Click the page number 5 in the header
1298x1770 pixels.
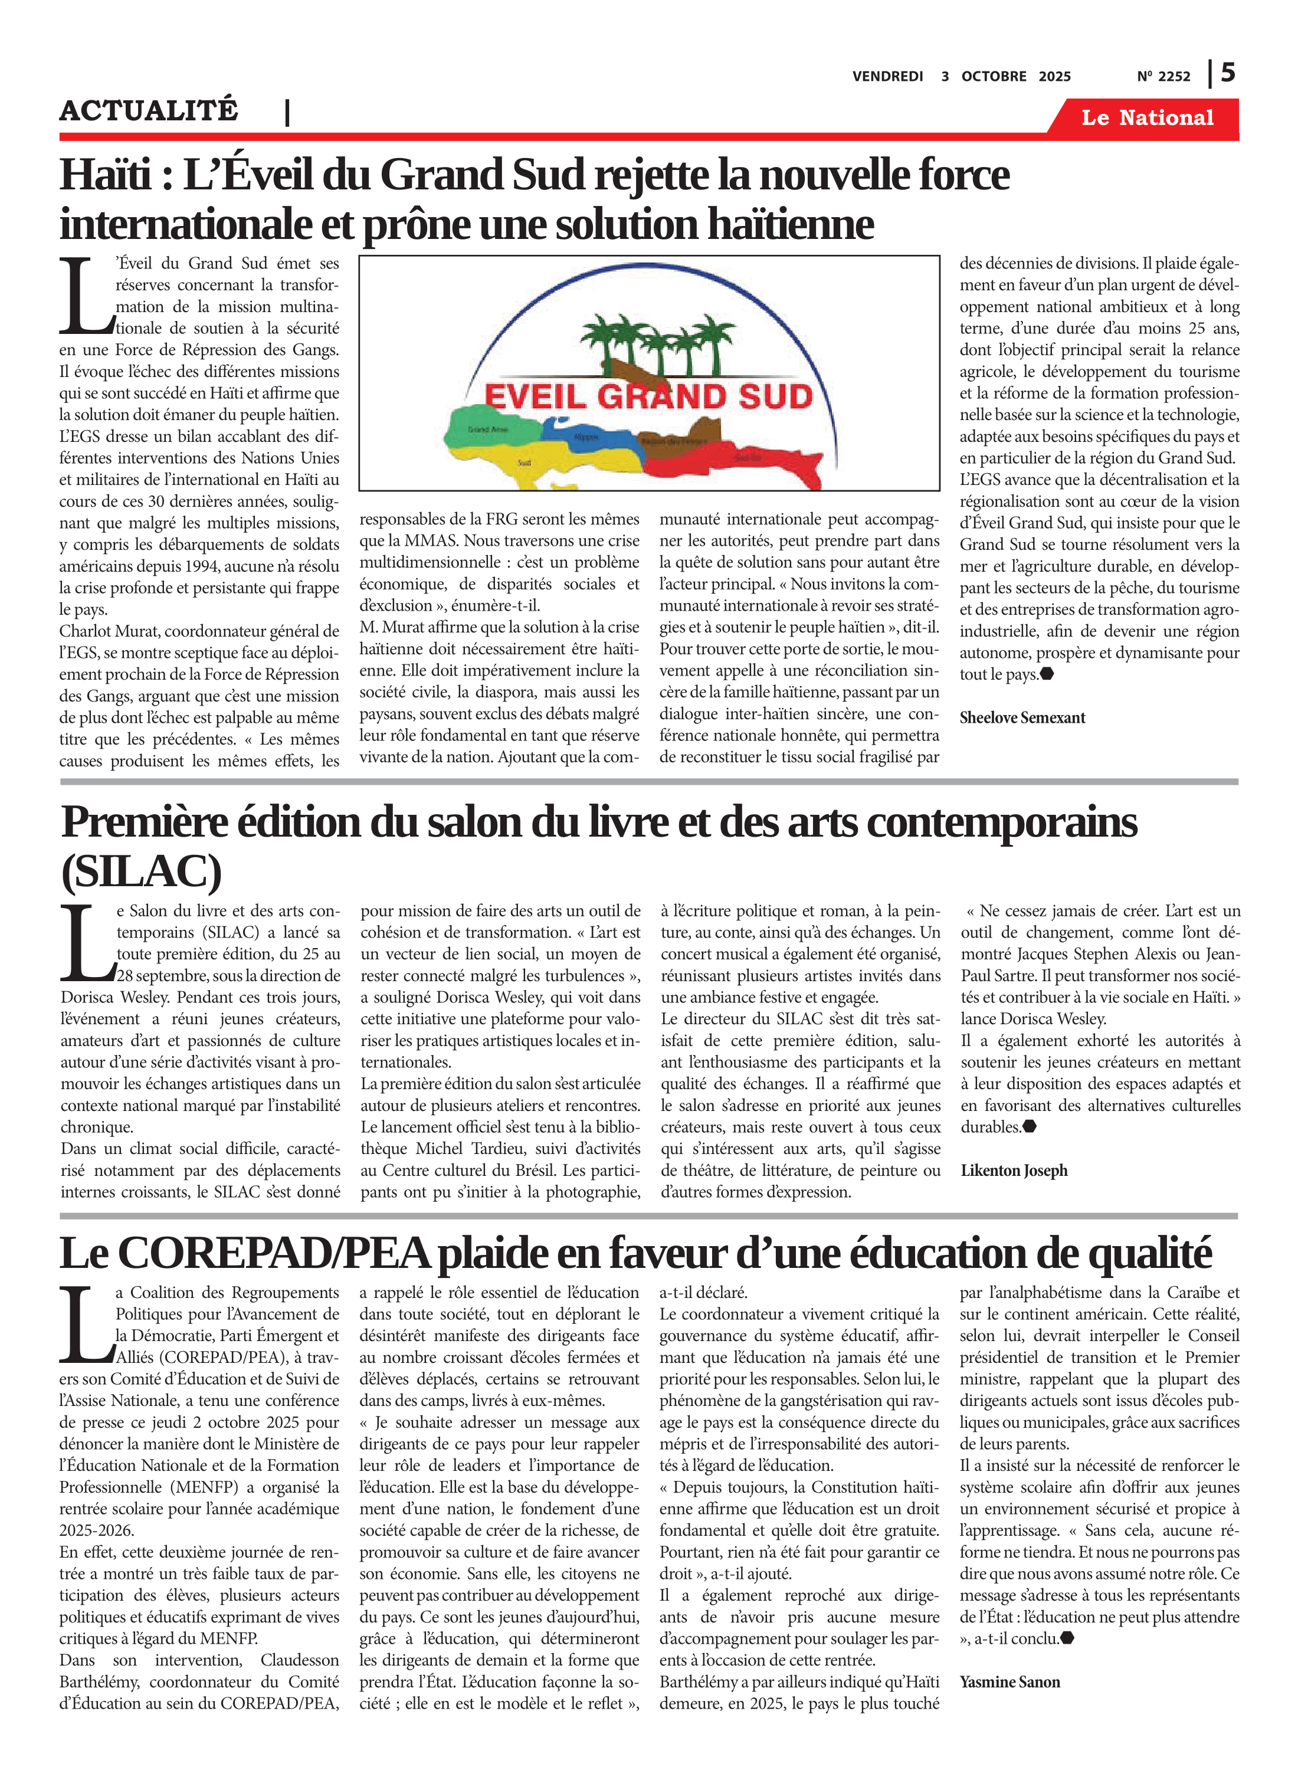(1228, 73)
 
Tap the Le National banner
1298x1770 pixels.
(1146, 118)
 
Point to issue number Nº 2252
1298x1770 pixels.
(1163, 77)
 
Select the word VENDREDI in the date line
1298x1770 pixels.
(887, 77)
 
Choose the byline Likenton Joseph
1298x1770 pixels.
(1014, 1171)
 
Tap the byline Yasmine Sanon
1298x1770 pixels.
(1009, 1682)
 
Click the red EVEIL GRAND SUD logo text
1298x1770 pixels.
(648, 396)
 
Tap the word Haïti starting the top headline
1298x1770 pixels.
(105, 175)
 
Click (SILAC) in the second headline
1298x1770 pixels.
(142, 871)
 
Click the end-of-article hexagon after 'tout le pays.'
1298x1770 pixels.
(1047, 674)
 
